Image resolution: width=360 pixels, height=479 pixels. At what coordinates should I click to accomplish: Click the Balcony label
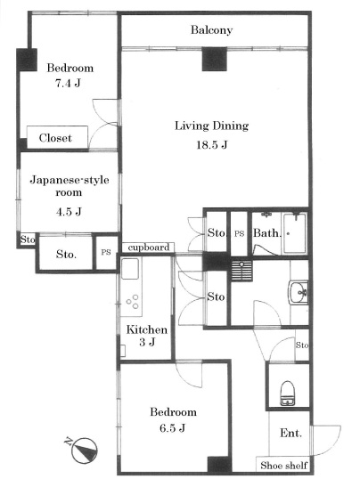pyautogui.click(x=211, y=30)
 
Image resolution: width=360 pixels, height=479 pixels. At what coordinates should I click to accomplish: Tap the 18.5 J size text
pyautogui.click(x=211, y=144)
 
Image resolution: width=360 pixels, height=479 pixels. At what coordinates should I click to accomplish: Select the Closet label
pyautogui.click(x=55, y=138)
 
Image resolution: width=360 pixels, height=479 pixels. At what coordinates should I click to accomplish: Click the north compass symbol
pyautogui.click(x=83, y=450)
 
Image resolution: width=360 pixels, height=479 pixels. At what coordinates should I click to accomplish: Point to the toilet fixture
pyautogui.click(x=288, y=393)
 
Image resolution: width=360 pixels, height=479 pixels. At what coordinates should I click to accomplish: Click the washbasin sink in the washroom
pyautogui.click(x=298, y=293)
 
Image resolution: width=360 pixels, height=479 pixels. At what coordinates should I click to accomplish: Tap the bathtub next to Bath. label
pyautogui.click(x=294, y=233)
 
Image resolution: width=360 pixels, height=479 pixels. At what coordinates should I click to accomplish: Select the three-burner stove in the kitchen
pyautogui.click(x=133, y=301)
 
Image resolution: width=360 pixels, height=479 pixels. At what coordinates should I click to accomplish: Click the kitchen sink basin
pyautogui.click(x=130, y=269)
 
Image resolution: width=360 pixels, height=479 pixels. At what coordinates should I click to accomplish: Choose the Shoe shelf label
pyautogui.click(x=283, y=466)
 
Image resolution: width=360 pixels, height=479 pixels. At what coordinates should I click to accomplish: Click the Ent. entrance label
pyautogui.click(x=290, y=433)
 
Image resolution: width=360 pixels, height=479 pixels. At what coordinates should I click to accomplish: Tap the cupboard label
pyautogui.click(x=148, y=248)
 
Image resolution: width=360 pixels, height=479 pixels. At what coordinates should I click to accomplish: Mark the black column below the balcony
pyautogui.click(x=215, y=59)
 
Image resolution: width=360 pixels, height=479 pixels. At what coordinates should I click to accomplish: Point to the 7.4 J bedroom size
pyautogui.click(x=68, y=83)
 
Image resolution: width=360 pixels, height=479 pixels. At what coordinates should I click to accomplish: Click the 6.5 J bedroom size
pyautogui.click(x=172, y=428)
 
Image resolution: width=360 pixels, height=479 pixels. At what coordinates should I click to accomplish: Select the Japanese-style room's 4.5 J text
pyautogui.click(x=69, y=211)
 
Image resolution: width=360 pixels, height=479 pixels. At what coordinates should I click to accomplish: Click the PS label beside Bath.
pyautogui.click(x=239, y=233)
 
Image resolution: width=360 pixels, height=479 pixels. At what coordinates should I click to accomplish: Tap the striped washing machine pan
pyautogui.click(x=242, y=271)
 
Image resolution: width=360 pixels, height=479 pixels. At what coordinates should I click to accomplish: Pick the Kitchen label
pyautogui.click(x=147, y=329)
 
